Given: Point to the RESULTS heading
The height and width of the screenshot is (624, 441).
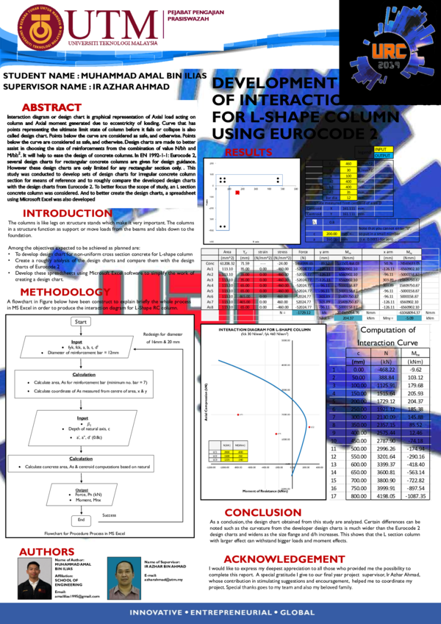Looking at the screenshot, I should coord(248,152).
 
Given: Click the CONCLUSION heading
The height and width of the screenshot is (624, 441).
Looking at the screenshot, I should coord(262,512).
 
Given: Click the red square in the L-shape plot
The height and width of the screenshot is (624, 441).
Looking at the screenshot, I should coord(237,193).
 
